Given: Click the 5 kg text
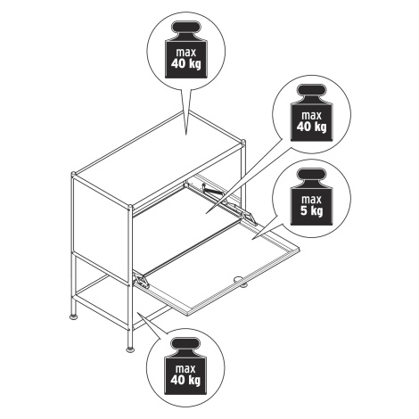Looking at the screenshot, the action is click(x=311, y=211).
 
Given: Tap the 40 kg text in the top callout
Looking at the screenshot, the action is click(x=186, y=63).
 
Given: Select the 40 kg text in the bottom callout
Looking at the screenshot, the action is click(x=185, y=380).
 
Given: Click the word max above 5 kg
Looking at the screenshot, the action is click(x=311, y=199).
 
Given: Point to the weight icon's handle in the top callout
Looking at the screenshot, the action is click(x=186, y=27).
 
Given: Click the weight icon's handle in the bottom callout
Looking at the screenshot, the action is click(x=185, y=343).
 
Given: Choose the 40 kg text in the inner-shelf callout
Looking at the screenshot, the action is click(x=311, y=127).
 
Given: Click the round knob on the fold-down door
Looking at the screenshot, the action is click(x=240, y=279).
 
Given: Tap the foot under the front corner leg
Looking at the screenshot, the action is click(x=130, y=349).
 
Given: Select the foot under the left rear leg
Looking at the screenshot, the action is click(x=73, y=317).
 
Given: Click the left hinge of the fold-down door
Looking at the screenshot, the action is click(x=142, y=280).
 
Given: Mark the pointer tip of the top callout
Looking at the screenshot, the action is click(x=186, y=135).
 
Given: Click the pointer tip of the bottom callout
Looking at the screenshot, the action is click(x=137, y=312).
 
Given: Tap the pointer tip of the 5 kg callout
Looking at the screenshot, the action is click(x=253, y=238).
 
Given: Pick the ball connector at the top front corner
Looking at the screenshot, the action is click(x=129, y=207).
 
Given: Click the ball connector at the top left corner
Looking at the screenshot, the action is click(x=73, y=174).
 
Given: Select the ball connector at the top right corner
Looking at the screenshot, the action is click(x=243, y=142).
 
